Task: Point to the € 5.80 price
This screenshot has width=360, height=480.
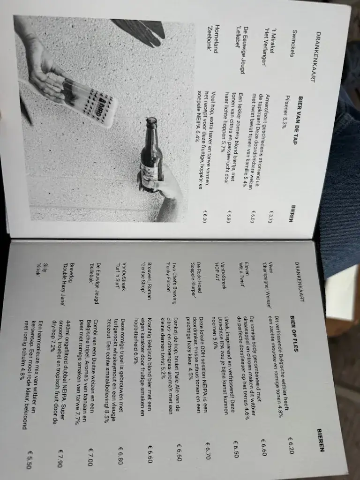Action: pos(229,217)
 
